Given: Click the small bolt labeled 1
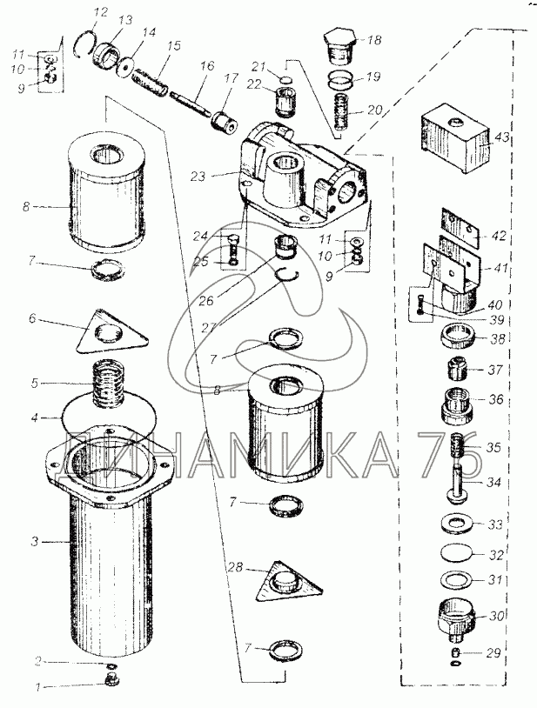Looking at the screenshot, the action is coord(111,689).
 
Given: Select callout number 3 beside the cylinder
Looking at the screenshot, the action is coord(35,541).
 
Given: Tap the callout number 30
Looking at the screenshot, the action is coord(496,616).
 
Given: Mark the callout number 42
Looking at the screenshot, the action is coord(499,237).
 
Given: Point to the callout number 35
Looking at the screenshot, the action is coord(493,447).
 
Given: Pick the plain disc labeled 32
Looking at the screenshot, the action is coord(457,552).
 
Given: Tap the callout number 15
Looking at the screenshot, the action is coord(172,45).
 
